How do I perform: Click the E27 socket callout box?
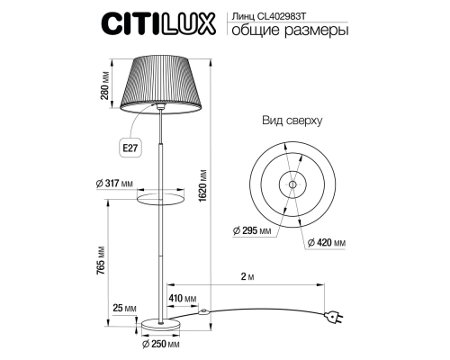pyautogui.click(x=131, y=144)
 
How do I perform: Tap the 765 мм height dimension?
pyautogui.click(x=104, y=264)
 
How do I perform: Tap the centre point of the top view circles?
pyautogui.click(x=292, y=184)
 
